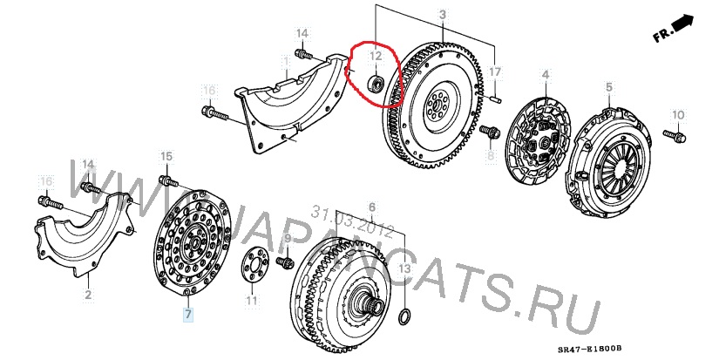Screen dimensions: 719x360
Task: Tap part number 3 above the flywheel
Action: click(x=443, y=15)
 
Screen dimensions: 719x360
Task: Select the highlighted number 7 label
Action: click(x=188, y=314)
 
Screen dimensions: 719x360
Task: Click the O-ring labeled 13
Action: click(x=404, y=317)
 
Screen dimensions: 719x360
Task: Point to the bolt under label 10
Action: click(x=674, y=135)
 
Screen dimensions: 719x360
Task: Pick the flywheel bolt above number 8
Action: click(x=490, y=132)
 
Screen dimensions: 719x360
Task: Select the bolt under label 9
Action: click(x=284, y=262)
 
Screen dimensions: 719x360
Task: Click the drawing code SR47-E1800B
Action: click(x=590, y=349)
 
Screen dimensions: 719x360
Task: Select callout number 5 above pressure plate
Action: click(x=609, y=87)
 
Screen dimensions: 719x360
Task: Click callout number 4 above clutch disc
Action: click(x=546, y=74)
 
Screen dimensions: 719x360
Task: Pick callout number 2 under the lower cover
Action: click(x=88, y=295)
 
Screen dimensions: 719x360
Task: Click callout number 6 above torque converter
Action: click(x=371, y=207)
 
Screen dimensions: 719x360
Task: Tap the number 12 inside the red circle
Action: click(x=376, y=56)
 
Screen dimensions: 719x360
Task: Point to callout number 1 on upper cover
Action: click(x=286, y=61)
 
